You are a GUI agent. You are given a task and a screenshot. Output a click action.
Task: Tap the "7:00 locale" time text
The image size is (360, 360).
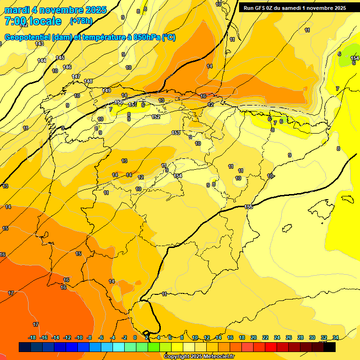click(x=33, y=21)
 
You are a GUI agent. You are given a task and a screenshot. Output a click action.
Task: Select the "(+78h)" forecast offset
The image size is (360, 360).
click(x=81, y=21)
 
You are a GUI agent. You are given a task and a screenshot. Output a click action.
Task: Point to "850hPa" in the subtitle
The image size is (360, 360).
click(x=144, y=37)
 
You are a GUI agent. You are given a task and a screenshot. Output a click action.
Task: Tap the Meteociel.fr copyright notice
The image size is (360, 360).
click(x=199, y=357)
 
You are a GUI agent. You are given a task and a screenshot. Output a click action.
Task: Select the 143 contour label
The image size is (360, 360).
click(x=39, y=44)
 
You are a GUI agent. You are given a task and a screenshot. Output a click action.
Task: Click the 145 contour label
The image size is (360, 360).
click(x=60, y=58)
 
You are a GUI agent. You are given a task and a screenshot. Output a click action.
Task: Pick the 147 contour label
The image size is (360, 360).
click(x=76, y=76)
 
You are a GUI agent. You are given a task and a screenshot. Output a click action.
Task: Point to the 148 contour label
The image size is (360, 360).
click(x=88, y=81)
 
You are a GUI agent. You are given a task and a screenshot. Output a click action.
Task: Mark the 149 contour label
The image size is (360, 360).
click(x=107, y=90)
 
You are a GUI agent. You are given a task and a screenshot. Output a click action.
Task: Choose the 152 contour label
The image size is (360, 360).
click(x=156, y=117)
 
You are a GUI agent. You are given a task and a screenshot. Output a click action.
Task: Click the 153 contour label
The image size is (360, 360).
click(x=176, y=133)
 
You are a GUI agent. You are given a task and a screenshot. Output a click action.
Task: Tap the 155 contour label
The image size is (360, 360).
click(x=249, y=207)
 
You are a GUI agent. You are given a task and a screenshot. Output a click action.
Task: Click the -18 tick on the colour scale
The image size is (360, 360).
click(x=32, y=337)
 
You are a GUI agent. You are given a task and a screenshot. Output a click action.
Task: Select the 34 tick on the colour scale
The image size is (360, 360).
click(x=335, y=337)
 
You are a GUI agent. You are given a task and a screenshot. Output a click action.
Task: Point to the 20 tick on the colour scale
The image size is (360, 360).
click(x=254, y=337)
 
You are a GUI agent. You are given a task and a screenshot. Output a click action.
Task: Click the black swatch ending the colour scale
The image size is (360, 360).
click(x=330, y=347)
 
